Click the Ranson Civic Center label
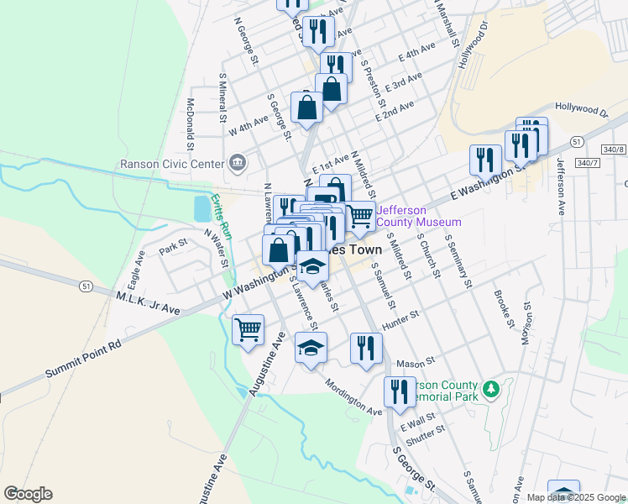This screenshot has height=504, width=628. (173, 164)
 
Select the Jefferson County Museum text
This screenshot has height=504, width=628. (419, 216)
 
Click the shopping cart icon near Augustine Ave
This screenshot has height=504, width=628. (248, 329)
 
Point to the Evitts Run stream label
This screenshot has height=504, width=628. (220, 213)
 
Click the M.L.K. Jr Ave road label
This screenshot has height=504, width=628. (148, 303)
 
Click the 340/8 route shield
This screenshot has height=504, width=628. (613, 149)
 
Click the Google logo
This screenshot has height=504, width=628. (28, 494)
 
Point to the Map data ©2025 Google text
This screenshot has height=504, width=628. (576, 497)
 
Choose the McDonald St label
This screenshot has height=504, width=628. (191, 118)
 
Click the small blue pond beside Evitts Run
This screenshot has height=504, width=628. (202, 207)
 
